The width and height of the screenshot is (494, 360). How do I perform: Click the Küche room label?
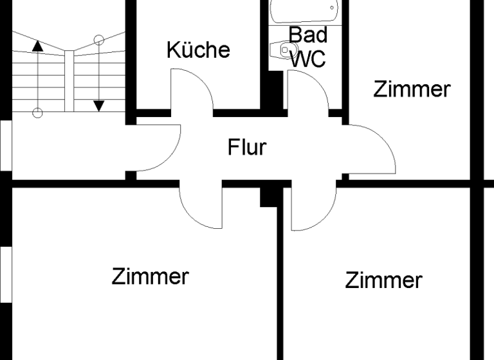point(198,50)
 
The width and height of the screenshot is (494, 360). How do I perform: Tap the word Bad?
point(307,35)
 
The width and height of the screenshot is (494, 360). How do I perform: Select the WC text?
point(307,59)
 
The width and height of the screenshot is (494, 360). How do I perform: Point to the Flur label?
point(247,147)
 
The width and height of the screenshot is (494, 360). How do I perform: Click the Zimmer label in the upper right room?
point(412,89)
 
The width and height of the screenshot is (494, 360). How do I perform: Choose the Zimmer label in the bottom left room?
point(150,276)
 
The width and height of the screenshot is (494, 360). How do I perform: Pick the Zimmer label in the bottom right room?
point(383,280)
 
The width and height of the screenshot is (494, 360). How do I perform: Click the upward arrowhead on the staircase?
point(37,46)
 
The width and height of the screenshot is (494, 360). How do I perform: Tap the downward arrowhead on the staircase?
point(98,105)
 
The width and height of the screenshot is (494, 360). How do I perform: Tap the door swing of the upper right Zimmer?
point(371,149)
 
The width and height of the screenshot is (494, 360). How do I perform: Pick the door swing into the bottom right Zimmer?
point(313,207)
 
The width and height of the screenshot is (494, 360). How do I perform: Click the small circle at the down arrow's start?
point(98,40)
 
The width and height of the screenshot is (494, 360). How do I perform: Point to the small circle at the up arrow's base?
point(37,113)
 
